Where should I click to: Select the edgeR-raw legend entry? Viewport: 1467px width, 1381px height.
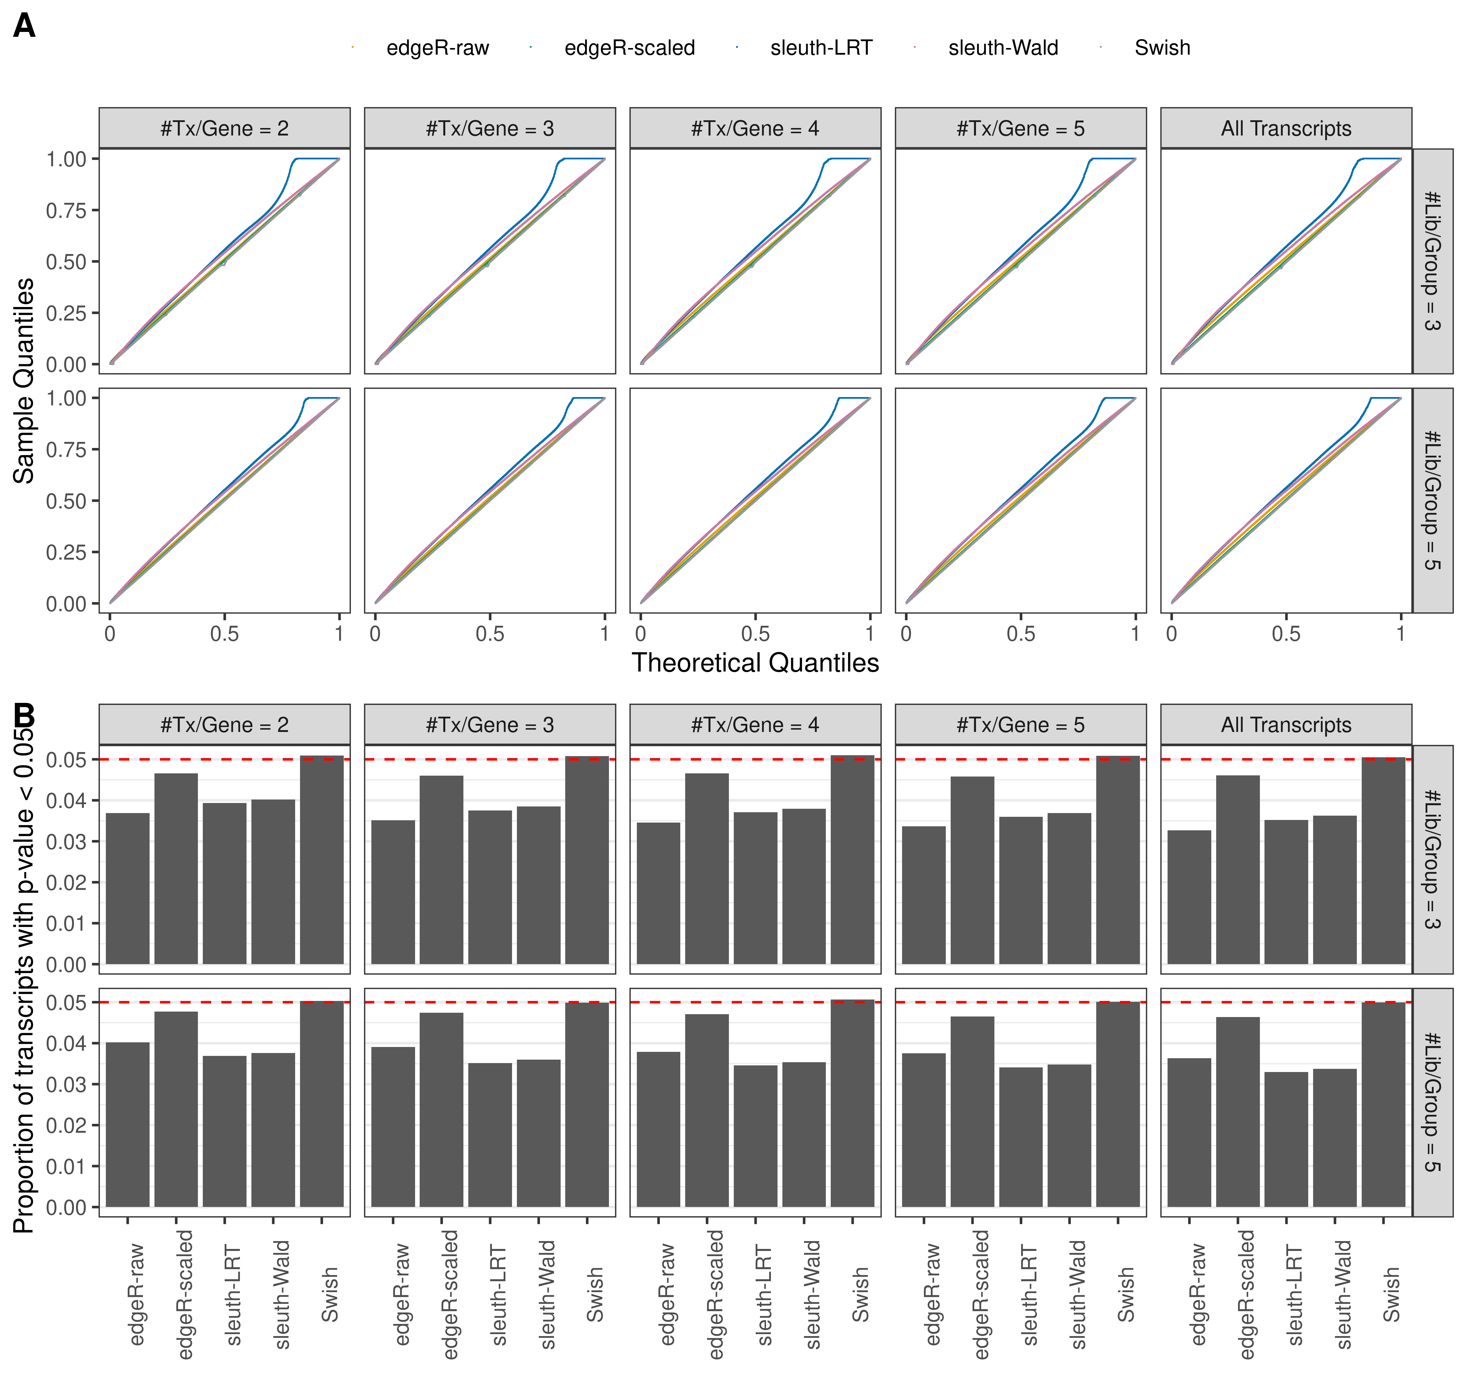(437, 48)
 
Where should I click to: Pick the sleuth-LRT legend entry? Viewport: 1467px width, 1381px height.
(821, 48)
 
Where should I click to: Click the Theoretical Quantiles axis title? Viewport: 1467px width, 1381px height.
(755, 663)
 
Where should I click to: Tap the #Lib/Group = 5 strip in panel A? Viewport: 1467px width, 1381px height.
(1432, 500)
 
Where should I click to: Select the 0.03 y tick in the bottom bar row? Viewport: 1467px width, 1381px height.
(66, 1084)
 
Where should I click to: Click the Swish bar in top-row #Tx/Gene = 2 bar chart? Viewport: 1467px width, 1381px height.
(322, 860)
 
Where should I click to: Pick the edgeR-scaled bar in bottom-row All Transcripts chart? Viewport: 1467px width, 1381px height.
(1237, 1112)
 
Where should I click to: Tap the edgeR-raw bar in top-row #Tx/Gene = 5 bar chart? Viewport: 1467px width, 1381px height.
(923, 894)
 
